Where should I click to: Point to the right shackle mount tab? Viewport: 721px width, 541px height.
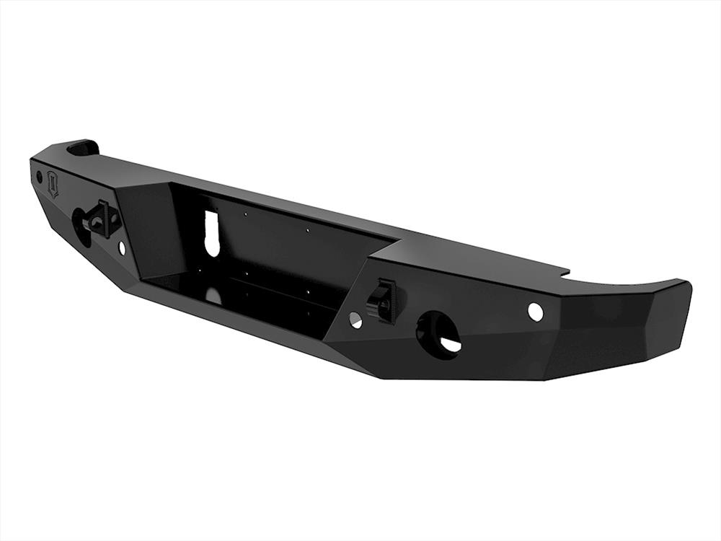click(382, 299)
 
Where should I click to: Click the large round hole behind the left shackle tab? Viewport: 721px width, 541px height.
click(80, 226)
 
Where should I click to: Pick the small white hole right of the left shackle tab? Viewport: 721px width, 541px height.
click(121, 247)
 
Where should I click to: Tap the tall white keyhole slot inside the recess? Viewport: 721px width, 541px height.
click(211, 233)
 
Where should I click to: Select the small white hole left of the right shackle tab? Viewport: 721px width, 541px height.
click(355, 320)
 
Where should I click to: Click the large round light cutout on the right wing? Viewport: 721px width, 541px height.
click(438, 335)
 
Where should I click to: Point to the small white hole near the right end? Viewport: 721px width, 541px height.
click(535, 312)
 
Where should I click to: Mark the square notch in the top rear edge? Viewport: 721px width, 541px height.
click(564, 273)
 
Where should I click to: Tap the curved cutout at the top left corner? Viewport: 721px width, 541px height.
click(84, 148)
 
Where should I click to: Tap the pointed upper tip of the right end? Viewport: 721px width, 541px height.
click(685, 284)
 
